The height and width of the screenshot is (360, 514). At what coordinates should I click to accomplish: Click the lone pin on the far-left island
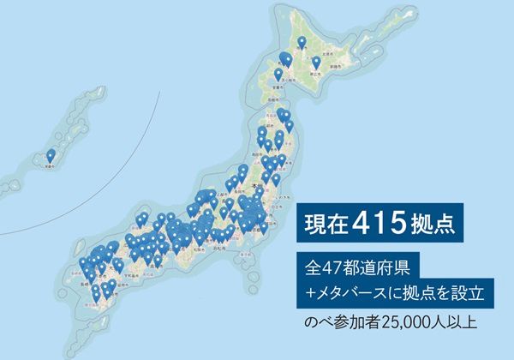coord(51,155)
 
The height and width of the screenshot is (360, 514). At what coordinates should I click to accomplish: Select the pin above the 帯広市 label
coord(316,62)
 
